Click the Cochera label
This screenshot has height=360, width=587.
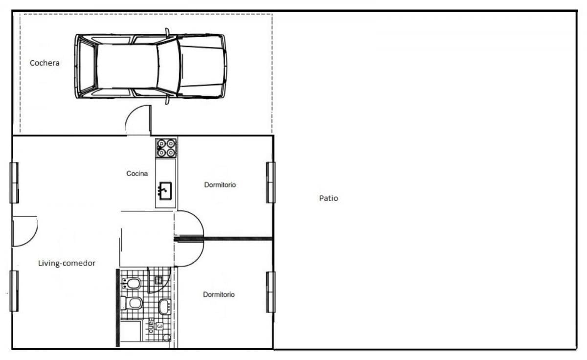(45, 63)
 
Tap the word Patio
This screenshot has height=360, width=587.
(328, 198)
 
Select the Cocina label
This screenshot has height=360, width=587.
(137, 174)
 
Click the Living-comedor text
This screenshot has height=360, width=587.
(67, 263)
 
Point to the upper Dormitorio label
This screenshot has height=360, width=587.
(220, 185)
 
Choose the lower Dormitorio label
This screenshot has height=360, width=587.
(219, 294)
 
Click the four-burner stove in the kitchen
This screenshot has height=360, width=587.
(166, 148)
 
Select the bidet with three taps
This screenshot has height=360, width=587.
(131, 284)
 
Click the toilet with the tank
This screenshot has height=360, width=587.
(132, 303)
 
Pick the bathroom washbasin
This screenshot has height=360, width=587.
(165, 307)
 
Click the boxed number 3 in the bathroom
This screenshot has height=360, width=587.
(159, 326)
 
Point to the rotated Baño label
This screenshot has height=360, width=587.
(151, 325)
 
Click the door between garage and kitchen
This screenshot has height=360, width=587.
(138, 120)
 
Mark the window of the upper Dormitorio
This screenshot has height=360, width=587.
(271, 182)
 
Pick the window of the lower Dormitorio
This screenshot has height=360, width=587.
(271, 292)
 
